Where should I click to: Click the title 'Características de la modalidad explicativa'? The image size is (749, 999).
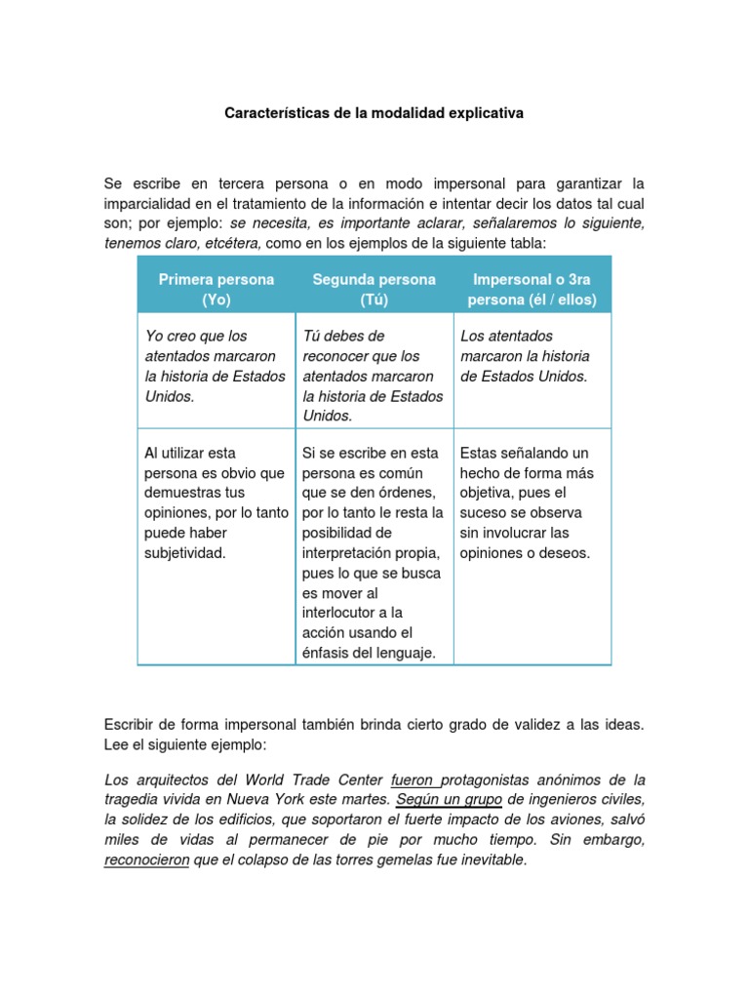coord(374,113)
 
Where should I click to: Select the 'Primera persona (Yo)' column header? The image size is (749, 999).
coord(217,289)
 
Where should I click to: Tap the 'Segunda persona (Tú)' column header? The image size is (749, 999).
coord(374,289)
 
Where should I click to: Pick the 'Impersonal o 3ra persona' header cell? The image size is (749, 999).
coord(532,289)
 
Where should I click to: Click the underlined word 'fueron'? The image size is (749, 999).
coord(415,780)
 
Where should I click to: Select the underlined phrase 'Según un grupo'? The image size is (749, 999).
coord(450,800)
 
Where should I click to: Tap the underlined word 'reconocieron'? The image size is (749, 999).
coord(146,860)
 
